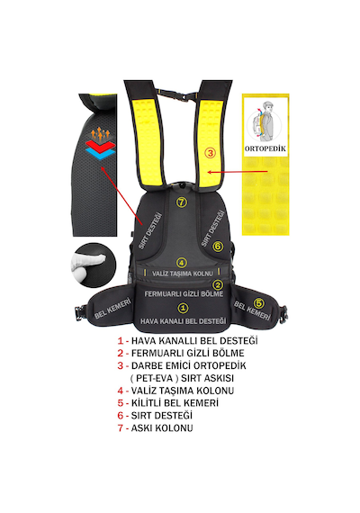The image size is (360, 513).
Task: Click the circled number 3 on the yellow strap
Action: coord(210,152)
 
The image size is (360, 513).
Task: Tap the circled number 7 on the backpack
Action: coord(182,202)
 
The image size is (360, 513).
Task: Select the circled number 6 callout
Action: coord(218,246)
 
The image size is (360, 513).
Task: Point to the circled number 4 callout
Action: coord(182,262)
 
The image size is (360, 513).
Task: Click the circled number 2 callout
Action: coord(218,284)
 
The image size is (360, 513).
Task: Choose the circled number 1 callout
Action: coord(183,308)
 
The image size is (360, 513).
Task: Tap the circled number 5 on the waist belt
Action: coord(259,303)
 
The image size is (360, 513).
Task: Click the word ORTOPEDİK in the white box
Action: coord(265,148)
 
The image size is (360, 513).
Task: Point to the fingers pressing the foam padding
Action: coord(87,265)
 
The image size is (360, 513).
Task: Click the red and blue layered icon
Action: coord(100,149)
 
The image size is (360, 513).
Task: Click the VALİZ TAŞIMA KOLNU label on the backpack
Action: coord(183,274)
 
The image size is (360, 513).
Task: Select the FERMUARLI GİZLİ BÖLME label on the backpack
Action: coord(184,293)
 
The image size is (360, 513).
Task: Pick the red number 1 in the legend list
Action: coord(121,341)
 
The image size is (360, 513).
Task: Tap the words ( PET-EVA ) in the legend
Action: coord(151,378)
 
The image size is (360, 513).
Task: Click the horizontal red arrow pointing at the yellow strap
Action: coord(238,172)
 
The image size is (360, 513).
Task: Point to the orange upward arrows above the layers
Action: coord(100,134)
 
